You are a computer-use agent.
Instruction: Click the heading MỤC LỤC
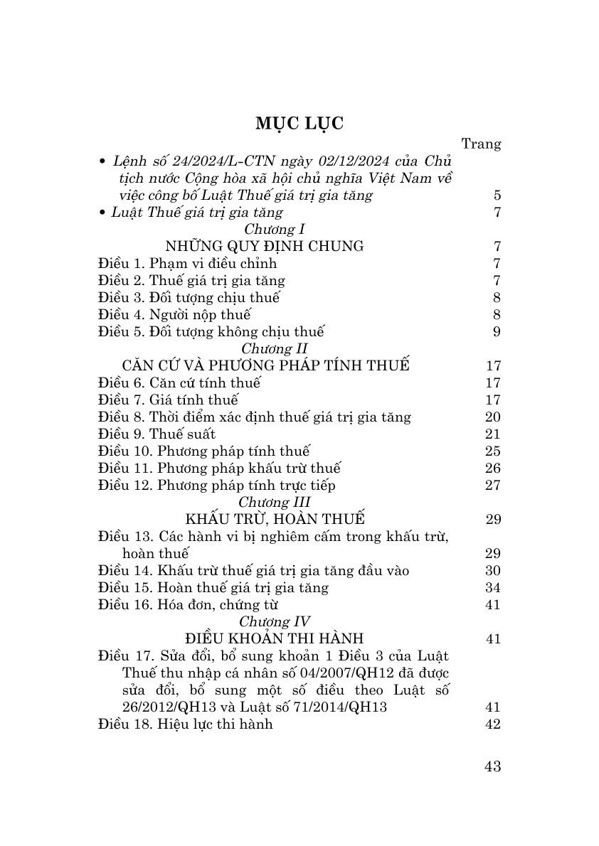pyautogui.click(x=299, y=123)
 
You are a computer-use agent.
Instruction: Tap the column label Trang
pyautogui.click(x=481, y=144)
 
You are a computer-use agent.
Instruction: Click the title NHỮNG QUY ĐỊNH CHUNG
pyautogui.click(x=264, y=246)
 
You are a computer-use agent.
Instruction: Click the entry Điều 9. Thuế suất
pyautogui.click(x=157, y=434)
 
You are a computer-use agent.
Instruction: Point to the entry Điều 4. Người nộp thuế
pyautogui.click(x=174, y=314)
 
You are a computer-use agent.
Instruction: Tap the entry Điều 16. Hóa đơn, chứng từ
pyautogui.click(x=188, y=604)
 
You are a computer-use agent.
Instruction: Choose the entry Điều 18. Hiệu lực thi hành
pyautogui.click(x=186, y=724)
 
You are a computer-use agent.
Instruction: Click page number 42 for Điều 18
pyautogui.click(x=492, y=724)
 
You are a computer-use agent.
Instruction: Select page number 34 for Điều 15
pyautogui.click(x=492, y=587)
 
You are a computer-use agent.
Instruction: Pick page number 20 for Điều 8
pyautogui.click(x=492, y=417)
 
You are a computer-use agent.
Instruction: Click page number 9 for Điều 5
pyautogui.click(x=497, y=331)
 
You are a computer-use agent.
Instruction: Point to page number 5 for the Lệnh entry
pyautogui.click(x=497, y=195)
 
